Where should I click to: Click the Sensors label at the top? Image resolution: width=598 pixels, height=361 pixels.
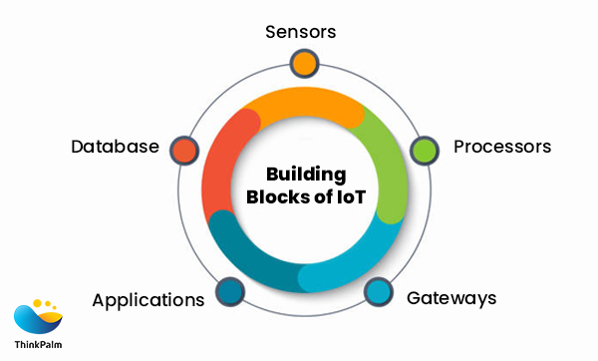pyautogui.click(x=300, y=31)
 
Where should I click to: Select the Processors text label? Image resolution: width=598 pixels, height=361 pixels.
pyautogui.click(x=501, y=147)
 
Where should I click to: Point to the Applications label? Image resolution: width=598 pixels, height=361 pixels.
pyautogui.click(x=149, y=299)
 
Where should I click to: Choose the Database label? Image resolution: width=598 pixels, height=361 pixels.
pyautogui.click(x=115, y=147)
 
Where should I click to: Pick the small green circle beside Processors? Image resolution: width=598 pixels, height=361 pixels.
pyautogui.click(x=425, y=151)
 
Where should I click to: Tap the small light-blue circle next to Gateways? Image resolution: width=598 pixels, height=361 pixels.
pyautogui.click(x=378, y=291)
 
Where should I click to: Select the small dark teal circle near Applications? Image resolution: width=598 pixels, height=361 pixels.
pyautogui.click(x=228, y=291)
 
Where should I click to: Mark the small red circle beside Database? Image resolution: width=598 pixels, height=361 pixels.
pyautogui.click(x=182, y=150)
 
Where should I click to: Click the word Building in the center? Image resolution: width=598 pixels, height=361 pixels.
pyautogui.click(x=304, y=172)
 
